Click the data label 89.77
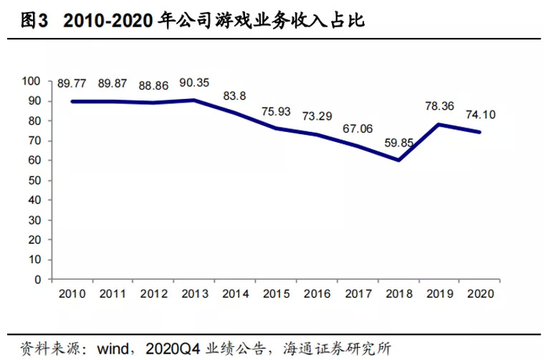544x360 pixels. [x=72, y=84]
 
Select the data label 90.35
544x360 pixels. [x=195, y=82]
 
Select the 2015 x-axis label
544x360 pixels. [x=276, y=293]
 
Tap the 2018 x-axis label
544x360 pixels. [x=399, y=293]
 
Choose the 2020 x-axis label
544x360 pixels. [x=480, y=293]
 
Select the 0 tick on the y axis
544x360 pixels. [x=42, y=280]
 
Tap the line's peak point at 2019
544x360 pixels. [x=439, y=124]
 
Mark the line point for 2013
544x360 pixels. [x=194, y=100]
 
